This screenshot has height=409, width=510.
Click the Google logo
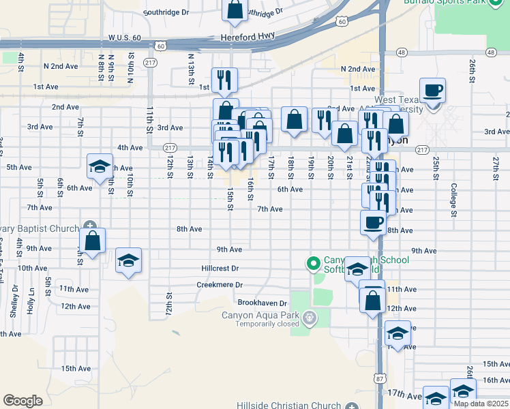pyautogui.click(x=22, y=401)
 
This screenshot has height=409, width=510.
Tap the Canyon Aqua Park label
pyautogui.click(x=261, y=315)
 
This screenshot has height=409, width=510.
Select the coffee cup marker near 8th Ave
pyautogui.click(x=372, y=223)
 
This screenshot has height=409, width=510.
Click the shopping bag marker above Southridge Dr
pyautogui.click(x=234, y=10)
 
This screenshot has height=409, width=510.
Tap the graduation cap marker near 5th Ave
pyautogui.click(x=100, y=166)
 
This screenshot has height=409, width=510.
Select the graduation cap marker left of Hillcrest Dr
pyautogui.click(x=128, y=260)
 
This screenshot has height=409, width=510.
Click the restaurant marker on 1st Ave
pyautogui.click(x=224, y=80)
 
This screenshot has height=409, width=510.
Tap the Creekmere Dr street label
pyautogui.click(x=220, y=285)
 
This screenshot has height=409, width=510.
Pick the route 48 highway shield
pyautogui.click(x=402, y=52)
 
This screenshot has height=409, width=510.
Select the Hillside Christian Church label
pyautogui.click(x=288, y=406)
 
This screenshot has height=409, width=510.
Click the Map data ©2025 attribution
pyautogui.click(x=481, y=404)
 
